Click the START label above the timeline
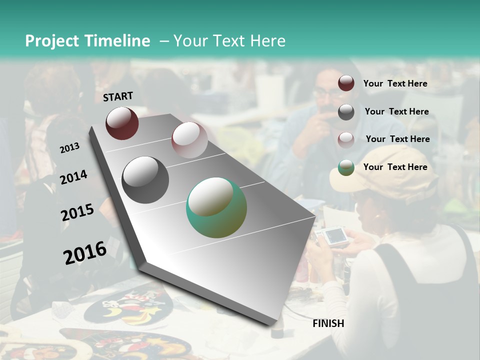[118, 96]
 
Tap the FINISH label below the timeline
[328, 323]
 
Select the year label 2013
[70, 148]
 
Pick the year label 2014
[74, 177]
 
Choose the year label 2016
[85, 252]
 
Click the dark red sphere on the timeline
[122, 123]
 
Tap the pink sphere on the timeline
[189, 140]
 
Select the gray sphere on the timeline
[145, 180]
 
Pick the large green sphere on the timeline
[216, 207]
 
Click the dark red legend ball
[346, 83]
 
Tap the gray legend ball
[346, 112]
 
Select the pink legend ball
[346, 140]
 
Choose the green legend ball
[346, 168]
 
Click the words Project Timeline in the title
[87, 41]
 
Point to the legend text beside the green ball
[395, 167]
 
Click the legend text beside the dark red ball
[395, 83]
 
